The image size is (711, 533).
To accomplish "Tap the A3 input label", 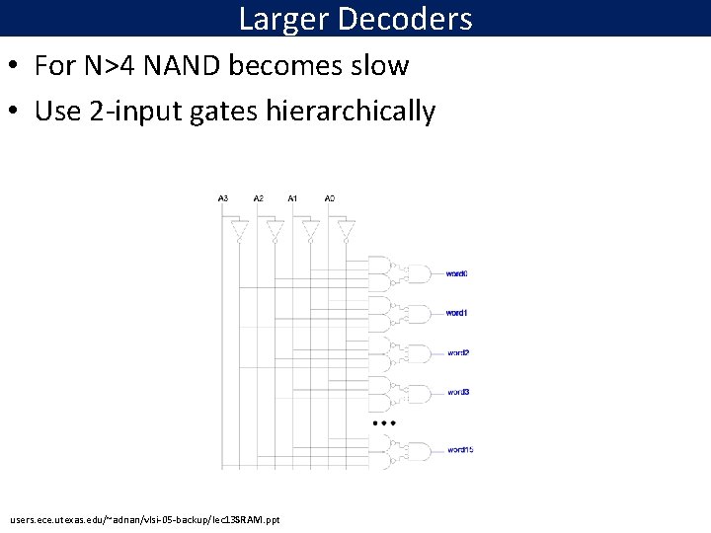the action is coord(223,198).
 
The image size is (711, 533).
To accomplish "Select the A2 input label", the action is coord(259,198).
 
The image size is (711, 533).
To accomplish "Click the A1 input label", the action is coord(293,198).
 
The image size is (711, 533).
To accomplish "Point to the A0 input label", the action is coord(330,198).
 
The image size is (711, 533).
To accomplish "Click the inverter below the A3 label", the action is coord(238,231).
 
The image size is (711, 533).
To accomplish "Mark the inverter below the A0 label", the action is coord(345,231).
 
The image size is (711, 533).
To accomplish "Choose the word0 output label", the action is coord(456,273).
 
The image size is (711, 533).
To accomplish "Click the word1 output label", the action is coord(456,313).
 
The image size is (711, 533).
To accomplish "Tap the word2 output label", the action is coord(457,352).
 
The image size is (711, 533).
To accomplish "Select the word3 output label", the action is coord(457,392).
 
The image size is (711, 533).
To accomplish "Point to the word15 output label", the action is coord(460,450).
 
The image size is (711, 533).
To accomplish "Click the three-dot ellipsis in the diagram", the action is coord(383,422).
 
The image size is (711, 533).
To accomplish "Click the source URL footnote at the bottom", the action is coord(145,518).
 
